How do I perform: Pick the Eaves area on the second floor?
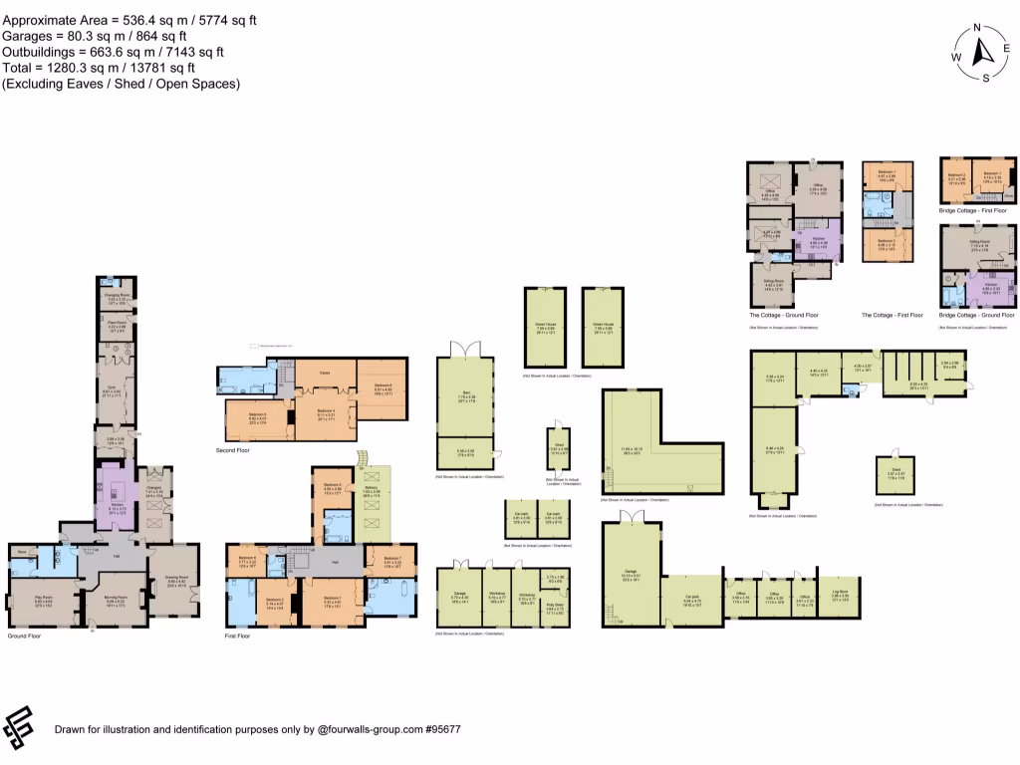click(324, 373)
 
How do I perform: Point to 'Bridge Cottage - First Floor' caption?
click(973, 210)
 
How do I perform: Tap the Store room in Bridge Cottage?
click(998, 196)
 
